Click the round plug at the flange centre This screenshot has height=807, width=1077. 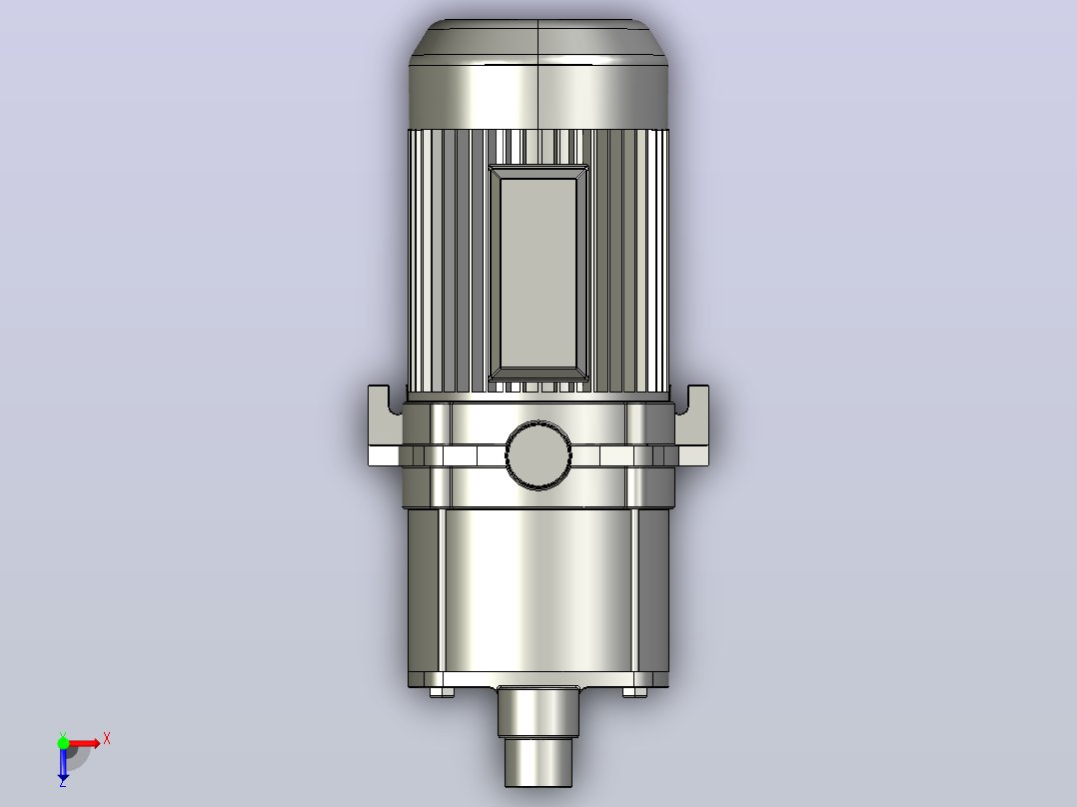[538, 454]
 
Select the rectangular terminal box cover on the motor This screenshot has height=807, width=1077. [538, 274]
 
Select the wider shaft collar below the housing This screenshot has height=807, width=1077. [538, 711]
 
